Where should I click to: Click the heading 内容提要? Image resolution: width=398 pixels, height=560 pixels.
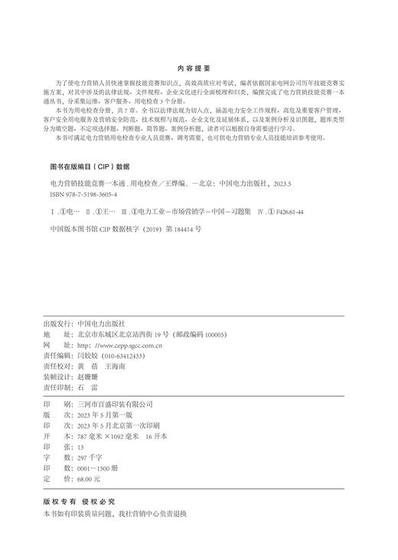[199, 67]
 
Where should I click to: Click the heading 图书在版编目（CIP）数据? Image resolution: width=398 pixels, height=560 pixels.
[90, 165]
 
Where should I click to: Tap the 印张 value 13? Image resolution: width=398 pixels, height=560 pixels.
[80, 447]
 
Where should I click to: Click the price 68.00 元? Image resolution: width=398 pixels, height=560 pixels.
[89, 478]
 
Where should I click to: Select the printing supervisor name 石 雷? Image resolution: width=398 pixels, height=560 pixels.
[88, 388]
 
